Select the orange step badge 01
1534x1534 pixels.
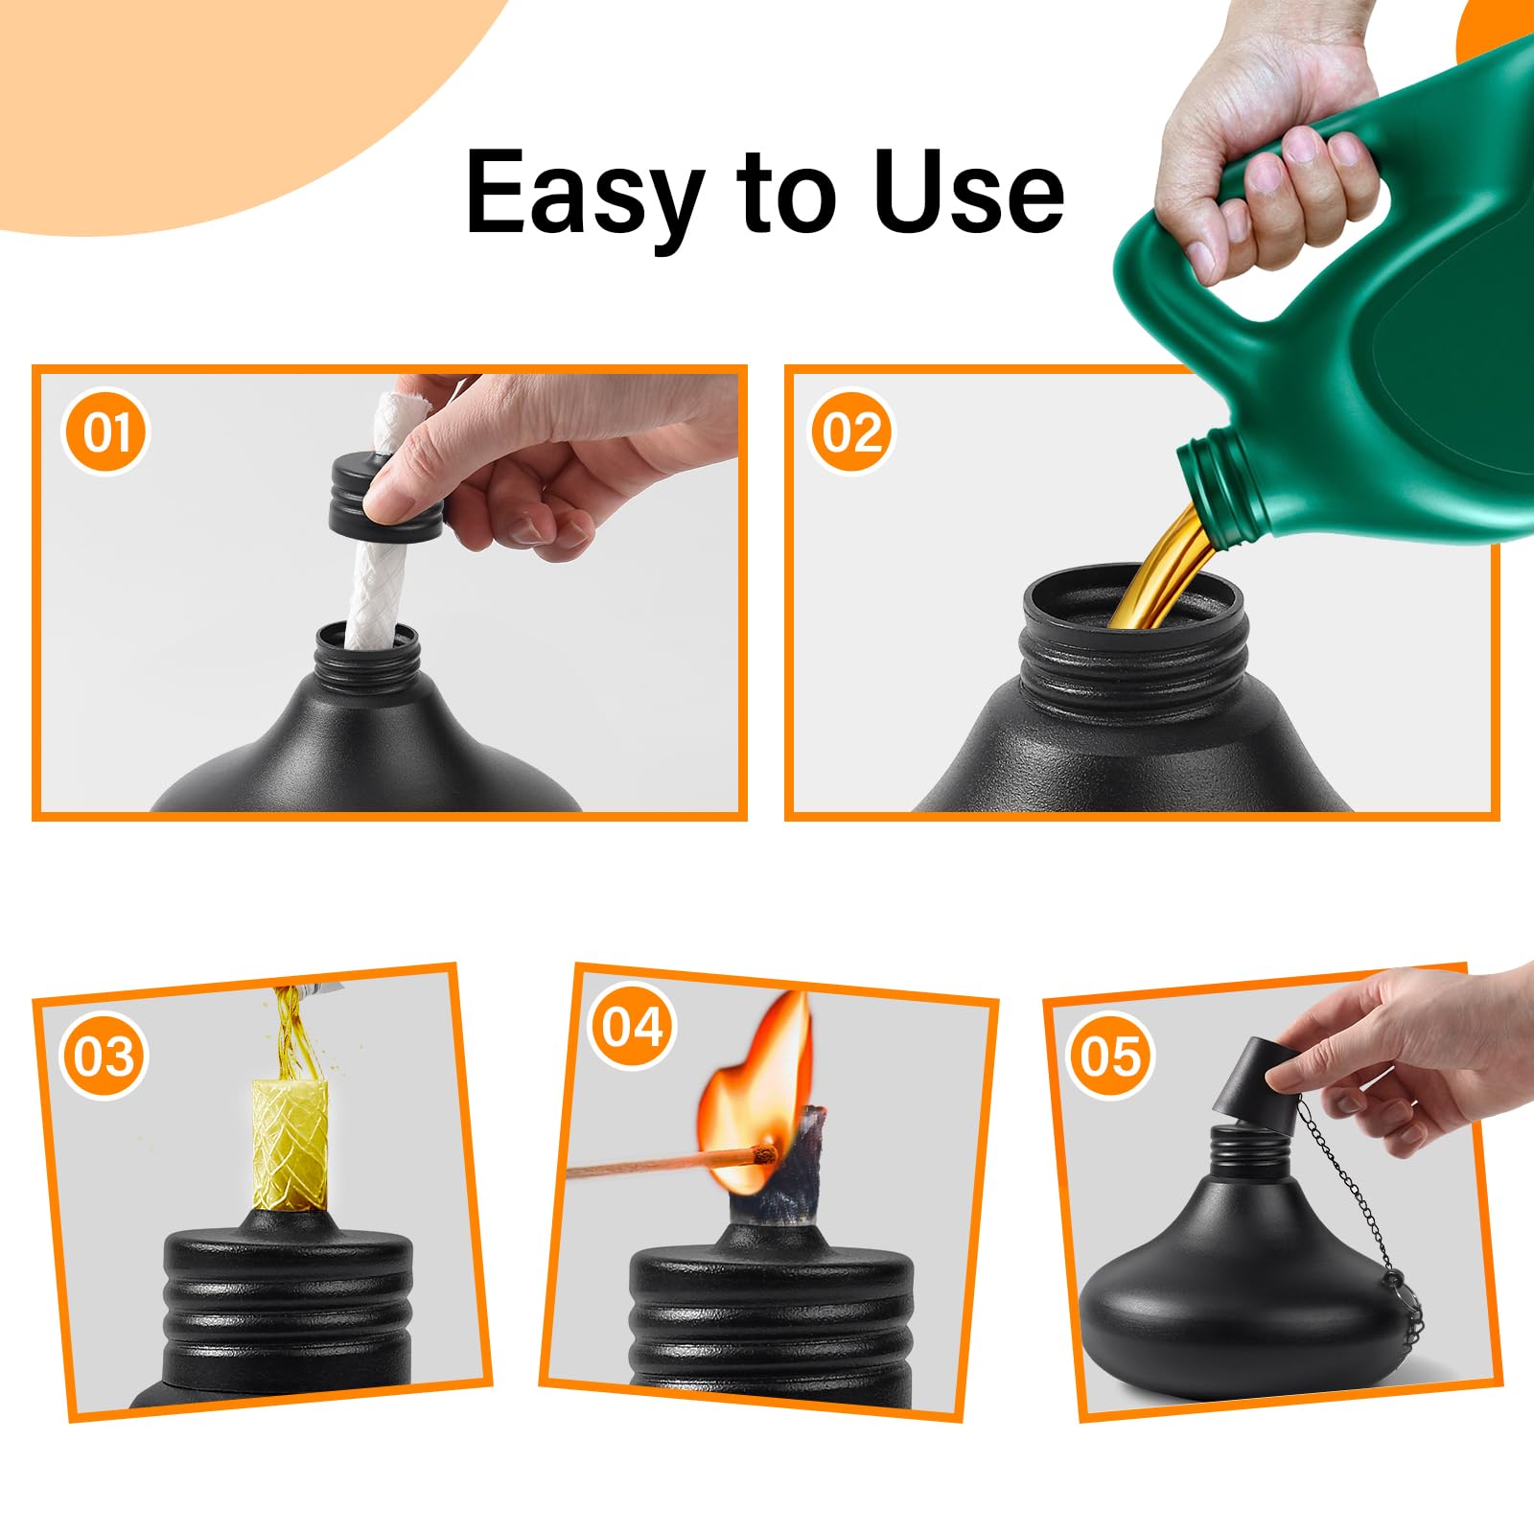click(x=105, y=431)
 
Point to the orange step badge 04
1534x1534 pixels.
click(x=632, y=1027)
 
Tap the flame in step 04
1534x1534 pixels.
click(x=757, y=1074)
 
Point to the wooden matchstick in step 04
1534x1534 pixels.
click(x=652, y=1166)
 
